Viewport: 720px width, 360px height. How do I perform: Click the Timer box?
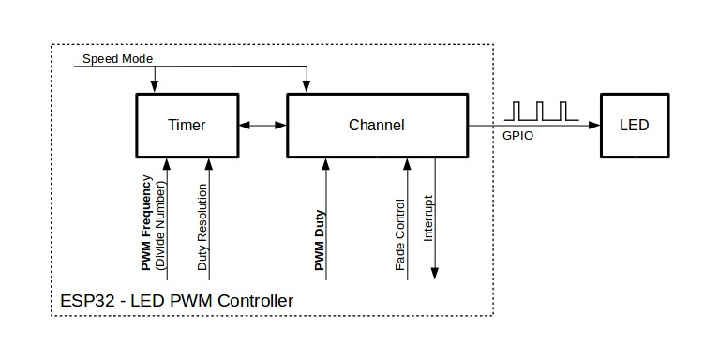[186, 125]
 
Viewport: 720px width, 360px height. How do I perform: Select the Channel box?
[376, 125]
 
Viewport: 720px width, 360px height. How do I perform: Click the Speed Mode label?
[117, 59]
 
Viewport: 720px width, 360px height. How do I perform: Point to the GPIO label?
[517, 137]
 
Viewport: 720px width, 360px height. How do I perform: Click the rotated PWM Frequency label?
[146, 223]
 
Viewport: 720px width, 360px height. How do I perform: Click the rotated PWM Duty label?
[320, 240]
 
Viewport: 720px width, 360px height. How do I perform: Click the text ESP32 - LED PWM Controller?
[175, 301]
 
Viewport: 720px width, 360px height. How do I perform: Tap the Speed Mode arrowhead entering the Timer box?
[157, 88]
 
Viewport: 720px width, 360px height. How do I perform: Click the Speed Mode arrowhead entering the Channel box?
[307, 88]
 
